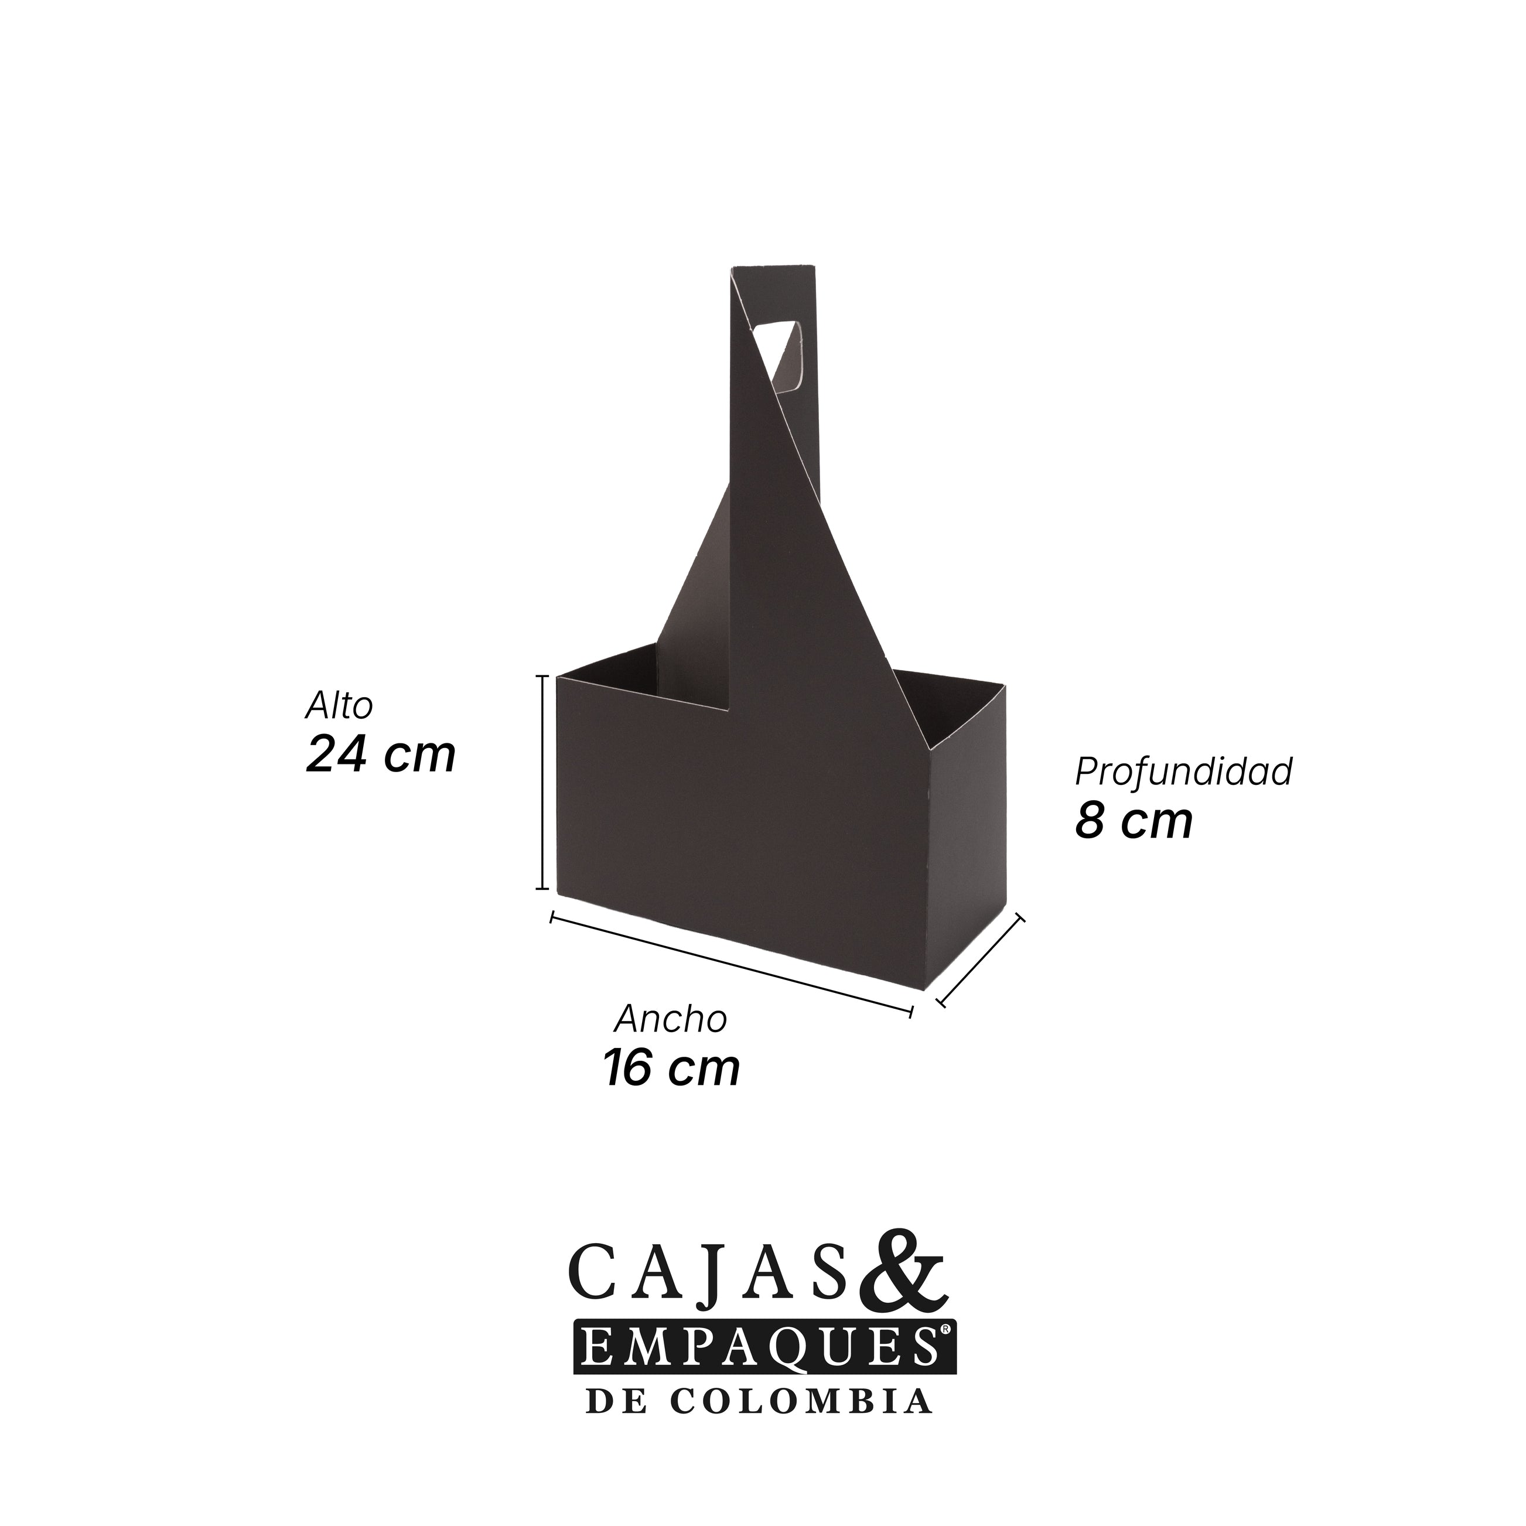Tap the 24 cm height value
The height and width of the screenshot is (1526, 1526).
tap(381, 755)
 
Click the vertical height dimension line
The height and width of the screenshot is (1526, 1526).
tap(542, 781)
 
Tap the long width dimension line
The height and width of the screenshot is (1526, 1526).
tap(732, 963)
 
